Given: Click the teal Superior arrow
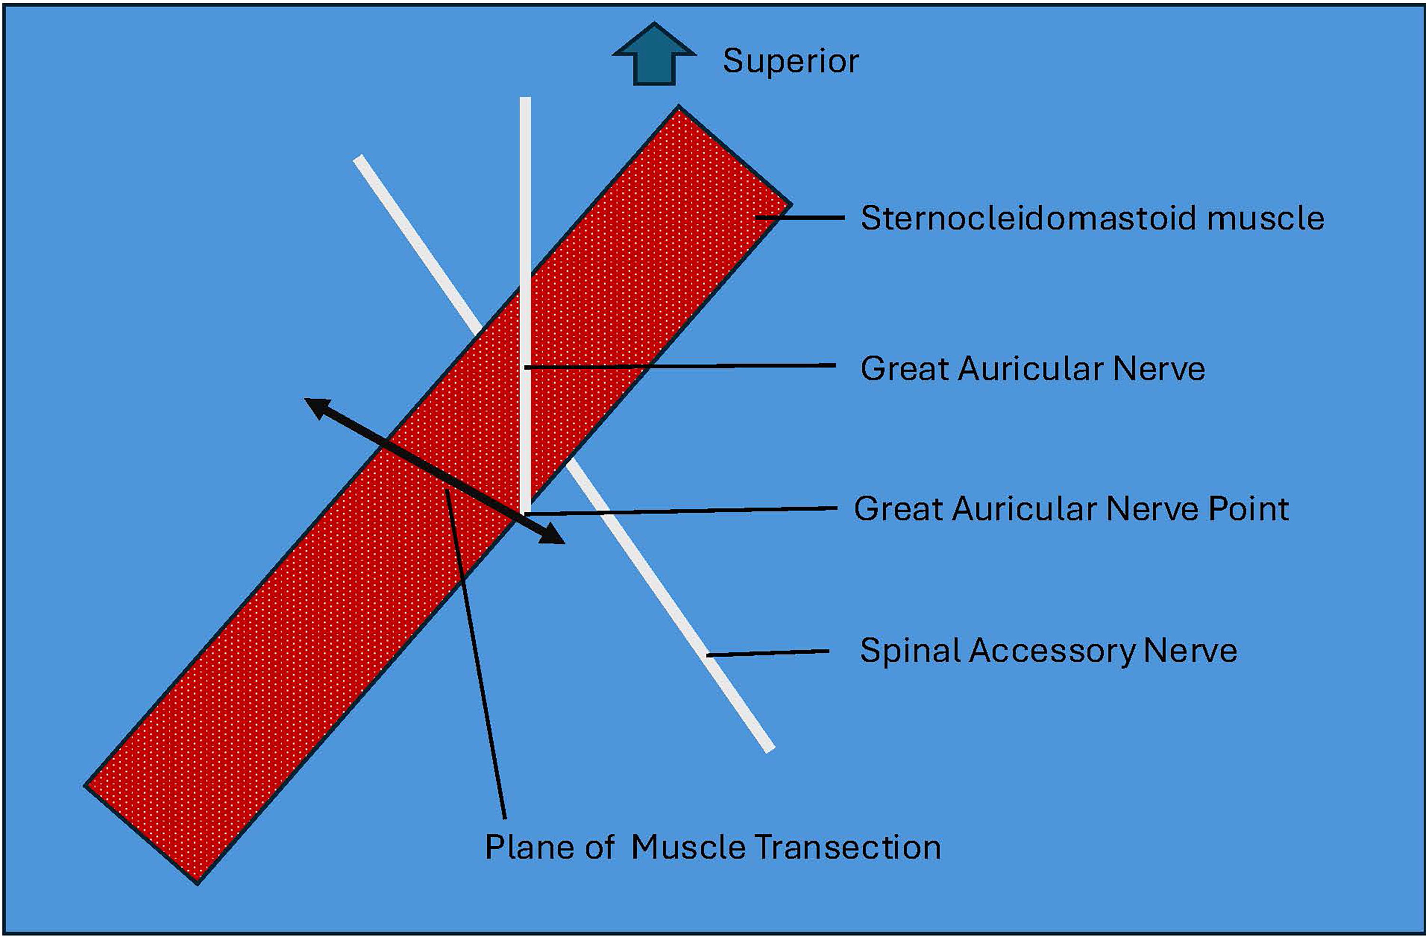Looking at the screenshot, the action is click(x=654, y=54).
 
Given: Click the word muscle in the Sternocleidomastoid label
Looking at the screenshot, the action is click(x=1265, y=218).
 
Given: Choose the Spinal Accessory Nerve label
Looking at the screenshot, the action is click(x=1049, y=650).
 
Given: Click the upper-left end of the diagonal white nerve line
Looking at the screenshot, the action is click(x=358, y=159).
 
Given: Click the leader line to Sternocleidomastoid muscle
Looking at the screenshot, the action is click(x=800, y=218).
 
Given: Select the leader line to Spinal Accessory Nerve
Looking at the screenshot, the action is click(x=768, y=653).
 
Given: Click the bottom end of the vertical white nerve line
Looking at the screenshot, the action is click(x=525, y=512).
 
